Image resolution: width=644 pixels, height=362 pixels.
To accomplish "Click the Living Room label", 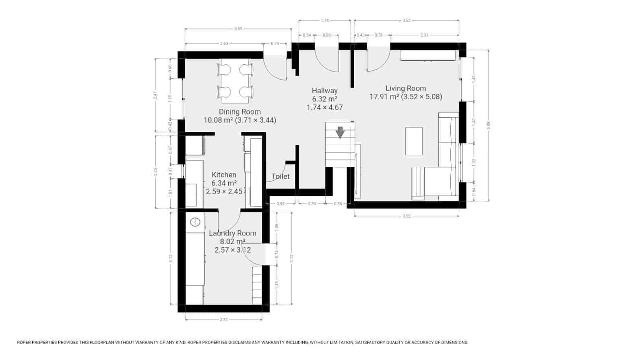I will click(406, 88).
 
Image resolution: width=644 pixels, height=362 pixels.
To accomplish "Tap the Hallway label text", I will click(324, 90).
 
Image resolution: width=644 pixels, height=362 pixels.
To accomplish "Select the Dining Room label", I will click(239, 112).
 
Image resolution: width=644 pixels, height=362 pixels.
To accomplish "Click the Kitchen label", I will click(224, 175).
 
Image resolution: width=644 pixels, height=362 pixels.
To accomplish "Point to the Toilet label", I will click(281, 176).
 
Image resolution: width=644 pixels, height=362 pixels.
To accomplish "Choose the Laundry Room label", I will click(233, 233).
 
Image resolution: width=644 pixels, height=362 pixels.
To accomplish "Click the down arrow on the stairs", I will click(340, 132).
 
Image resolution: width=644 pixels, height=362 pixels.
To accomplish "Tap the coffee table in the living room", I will click(414, 141).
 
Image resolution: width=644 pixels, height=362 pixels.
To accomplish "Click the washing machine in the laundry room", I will click(195, 222).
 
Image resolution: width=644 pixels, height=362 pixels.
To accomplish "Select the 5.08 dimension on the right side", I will click(489, 125).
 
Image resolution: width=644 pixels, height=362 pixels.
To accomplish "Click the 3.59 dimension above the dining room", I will click(238, 29).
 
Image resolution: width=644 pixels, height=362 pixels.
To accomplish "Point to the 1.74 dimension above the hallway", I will click(325, 20).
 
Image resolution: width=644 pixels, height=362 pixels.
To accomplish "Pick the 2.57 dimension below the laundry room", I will click(224, 319).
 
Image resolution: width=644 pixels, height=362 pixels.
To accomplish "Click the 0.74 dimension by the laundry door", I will click(277, 254).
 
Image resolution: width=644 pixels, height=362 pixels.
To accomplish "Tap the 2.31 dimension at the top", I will click(424, 35).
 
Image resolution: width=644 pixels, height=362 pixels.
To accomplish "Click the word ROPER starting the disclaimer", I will click(25, 342).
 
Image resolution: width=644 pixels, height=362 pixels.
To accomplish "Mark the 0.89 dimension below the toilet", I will click(312, 204).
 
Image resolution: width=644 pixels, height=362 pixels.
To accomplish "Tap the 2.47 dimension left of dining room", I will click(155, 95).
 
